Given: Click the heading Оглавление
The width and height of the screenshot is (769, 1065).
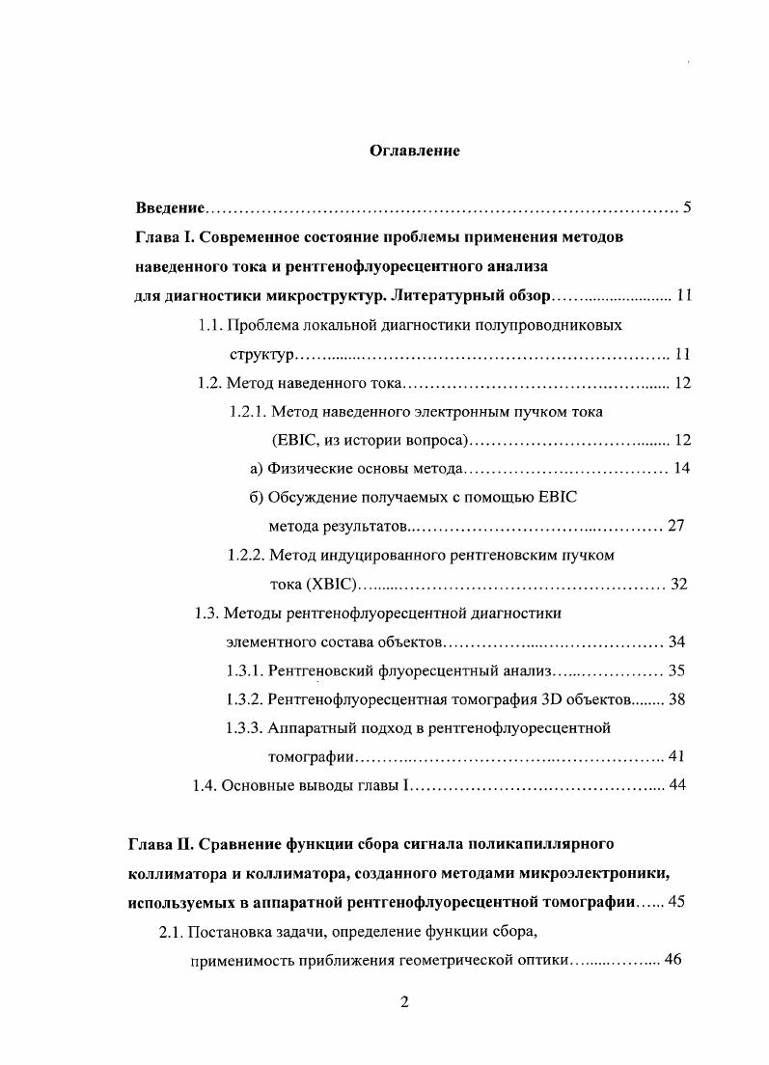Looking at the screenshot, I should click(x=415, y=150).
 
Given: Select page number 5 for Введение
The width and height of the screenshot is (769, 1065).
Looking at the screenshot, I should click(x=686, y=207).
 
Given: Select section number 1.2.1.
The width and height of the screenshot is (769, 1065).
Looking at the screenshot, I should click(x=247, y=411).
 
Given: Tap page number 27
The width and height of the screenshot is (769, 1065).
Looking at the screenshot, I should click(x=675, y=527).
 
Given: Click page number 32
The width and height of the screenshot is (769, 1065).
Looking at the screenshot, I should click(x=678, y=585).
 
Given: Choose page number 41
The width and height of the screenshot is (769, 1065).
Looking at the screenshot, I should click(x=675, y=756).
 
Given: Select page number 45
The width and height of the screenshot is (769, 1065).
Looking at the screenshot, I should click(x=673, y=903).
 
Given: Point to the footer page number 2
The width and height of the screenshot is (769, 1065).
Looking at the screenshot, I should click(x=406, y=1000).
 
